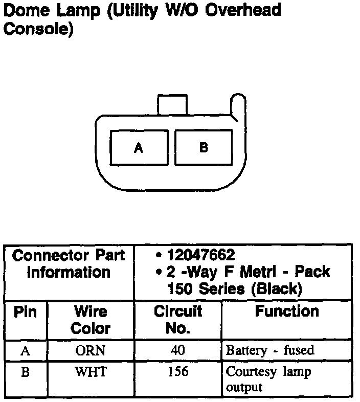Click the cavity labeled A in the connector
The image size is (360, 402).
pyautogui.click(x=139, y=148)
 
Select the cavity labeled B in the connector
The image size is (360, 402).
pyautogui.click(x=203, y=147)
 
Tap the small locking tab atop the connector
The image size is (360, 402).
pyautogui.click(x=172, y=104)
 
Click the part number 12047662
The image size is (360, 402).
pyautogui.click(x=201, y=255)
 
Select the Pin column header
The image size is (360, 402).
pyautogui.click(x=25, y=311)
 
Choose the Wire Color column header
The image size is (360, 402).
pyautogui.click(x=90, y=320)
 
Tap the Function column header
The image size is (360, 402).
pyautogui.click(x=286, y=311)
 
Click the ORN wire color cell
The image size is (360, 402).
pyautogui.click(x=90, y=351)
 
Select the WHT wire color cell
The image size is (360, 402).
pyautogui.click(x=90, y=372)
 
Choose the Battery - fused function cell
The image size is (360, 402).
pyautogui.click(x=269, y=351)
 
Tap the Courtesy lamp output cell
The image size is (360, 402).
pyautogui.click(x=268, y=379)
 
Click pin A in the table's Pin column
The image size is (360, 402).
pyautogui.click(x=25, y=351)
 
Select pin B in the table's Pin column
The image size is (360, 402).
pyautogui.click(x=25, y=372)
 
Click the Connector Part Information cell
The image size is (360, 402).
pyautogui.click(x=69, y=263)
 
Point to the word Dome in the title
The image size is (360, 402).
pyautogui.click(x=22, y=10)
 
